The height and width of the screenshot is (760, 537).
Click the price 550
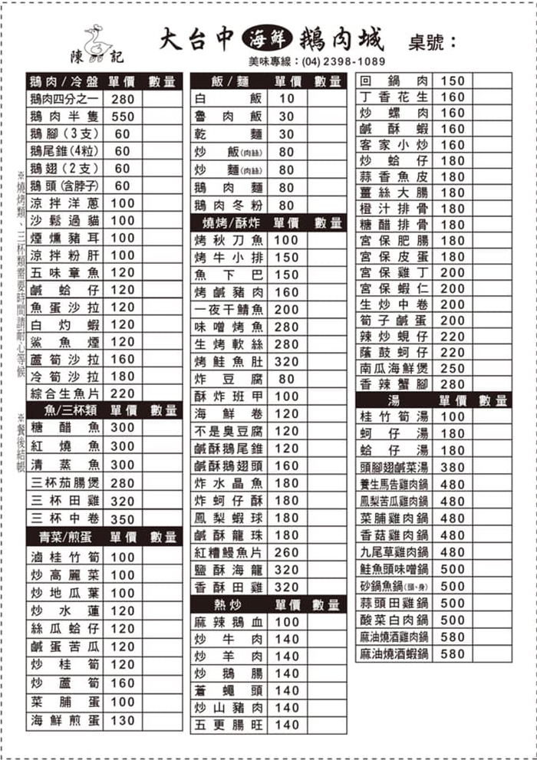click(x=123, y=117)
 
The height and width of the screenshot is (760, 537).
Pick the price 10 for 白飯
click(x=287, y=99)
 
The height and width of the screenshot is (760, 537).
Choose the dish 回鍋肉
click(x=394, y=81)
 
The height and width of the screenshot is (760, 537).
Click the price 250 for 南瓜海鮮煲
click(x=453, y=368)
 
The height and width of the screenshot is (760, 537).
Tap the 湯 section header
click(x=394, y=400)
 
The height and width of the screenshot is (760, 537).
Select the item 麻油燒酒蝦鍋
click(x=394, y=654)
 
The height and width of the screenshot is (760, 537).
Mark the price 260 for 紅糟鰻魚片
click(x=287, y=553)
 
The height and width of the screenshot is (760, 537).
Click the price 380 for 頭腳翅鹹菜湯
click(x=453, y=468)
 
